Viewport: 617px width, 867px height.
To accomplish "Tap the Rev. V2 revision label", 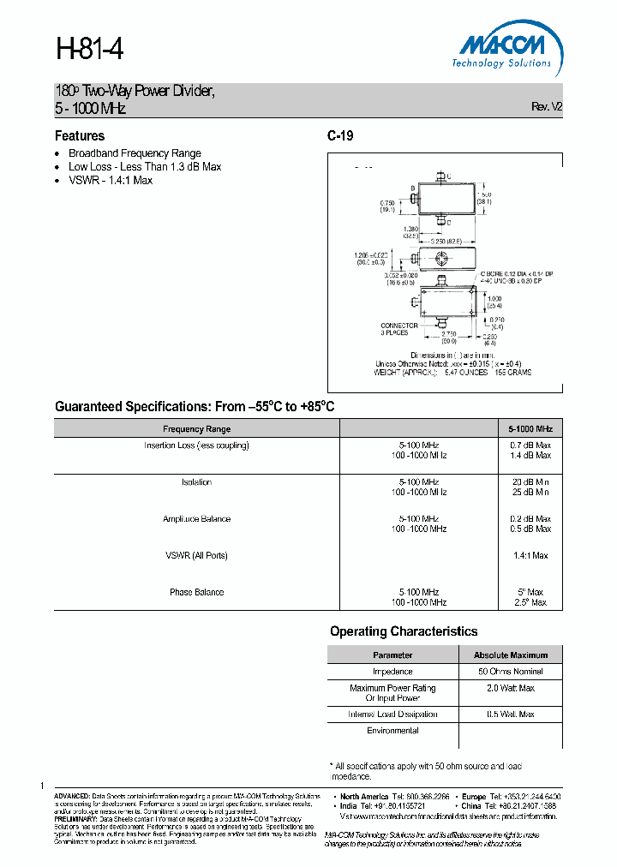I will pyautogui.click(x=547, y=106).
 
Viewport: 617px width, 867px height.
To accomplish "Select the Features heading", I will pyautogui.click(x=80, y=136).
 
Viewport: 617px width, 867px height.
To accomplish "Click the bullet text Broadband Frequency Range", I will pyautogui.click(x=135, y=153).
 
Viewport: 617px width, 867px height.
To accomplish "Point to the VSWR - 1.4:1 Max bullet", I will pyautogui.click(x=111, y=181).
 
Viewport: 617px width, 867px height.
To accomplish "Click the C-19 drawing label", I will pyautogui.click(x=340, y=136).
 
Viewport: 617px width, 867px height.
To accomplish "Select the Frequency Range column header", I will pyautogui.click(x=196, y=428).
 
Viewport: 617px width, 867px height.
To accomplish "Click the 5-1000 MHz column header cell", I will pyautogui.click(x=530, y=428).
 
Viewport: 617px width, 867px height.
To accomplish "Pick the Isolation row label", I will pyautogui.click(x=196, y=482).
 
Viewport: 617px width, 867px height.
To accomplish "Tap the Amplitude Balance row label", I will pyautogui.click(x=196, y=519).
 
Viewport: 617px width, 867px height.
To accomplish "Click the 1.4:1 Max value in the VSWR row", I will pyautogui.click(x=530, y=556).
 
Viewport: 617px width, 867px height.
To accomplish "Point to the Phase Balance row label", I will pyautogui.click(x=196, y=593).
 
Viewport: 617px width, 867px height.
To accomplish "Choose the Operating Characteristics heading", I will pyautogui.click(x=404, y=631).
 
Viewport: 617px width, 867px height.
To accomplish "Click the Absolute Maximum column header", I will pyautogui.click(x=510, y=655).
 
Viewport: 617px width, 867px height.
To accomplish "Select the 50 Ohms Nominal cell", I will pyautogui.click(x=510, y=672).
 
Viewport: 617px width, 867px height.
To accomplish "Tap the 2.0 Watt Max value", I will pyautogui.click(x=510, y=688).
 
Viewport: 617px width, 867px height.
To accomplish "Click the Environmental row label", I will pyautogui.click(x=392, y=731).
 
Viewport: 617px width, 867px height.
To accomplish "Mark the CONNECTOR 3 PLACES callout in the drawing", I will pyautogui.click(x=399, y=329).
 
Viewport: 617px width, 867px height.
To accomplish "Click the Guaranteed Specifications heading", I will pyautogui.click(x=195, y=407).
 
